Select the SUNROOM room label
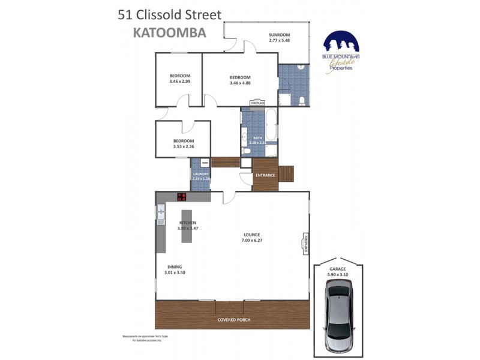[x=279, y=37]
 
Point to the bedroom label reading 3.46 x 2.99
[x=179, y=79]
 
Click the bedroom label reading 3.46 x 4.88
[x=239, y=80]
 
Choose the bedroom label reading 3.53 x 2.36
[x=183, y=144]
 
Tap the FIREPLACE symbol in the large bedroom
[x=257, y=103]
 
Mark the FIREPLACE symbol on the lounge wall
[x=305, y=244]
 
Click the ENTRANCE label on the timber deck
[x=265, y=175]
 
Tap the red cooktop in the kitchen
[x=182, y=196]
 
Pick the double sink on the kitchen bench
[x=160, y=213]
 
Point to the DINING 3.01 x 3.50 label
[x=175, y=270]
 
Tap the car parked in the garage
[x=339, y=318]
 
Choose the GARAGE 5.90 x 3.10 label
[x=339, y=272]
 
